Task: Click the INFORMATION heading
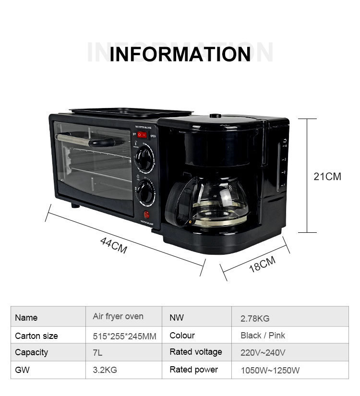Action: [180, 54]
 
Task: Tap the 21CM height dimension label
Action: [327, 176]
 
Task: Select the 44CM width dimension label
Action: [114, 245]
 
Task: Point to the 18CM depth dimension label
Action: [262, 264]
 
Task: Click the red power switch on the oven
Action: [142, 135]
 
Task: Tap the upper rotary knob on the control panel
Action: [144, 159]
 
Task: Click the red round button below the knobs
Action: [146, 214]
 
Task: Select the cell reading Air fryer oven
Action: [118, 317]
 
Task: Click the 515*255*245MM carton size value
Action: [124, 336]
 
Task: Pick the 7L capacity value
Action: [97, 352]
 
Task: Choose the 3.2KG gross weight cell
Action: [105, 370]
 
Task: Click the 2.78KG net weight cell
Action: [255, 318]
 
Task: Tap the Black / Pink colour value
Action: [263, 336]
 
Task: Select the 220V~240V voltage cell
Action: [263, 352]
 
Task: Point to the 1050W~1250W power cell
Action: [270, 370]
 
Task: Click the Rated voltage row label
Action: [196, 352]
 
